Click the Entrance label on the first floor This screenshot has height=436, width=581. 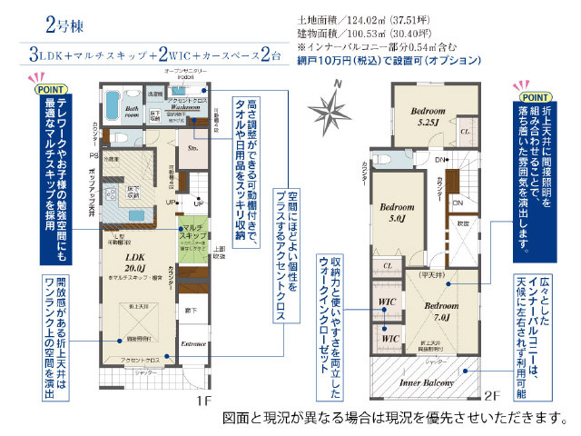tap(193, 344)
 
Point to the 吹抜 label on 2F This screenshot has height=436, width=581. tap(462, 223)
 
